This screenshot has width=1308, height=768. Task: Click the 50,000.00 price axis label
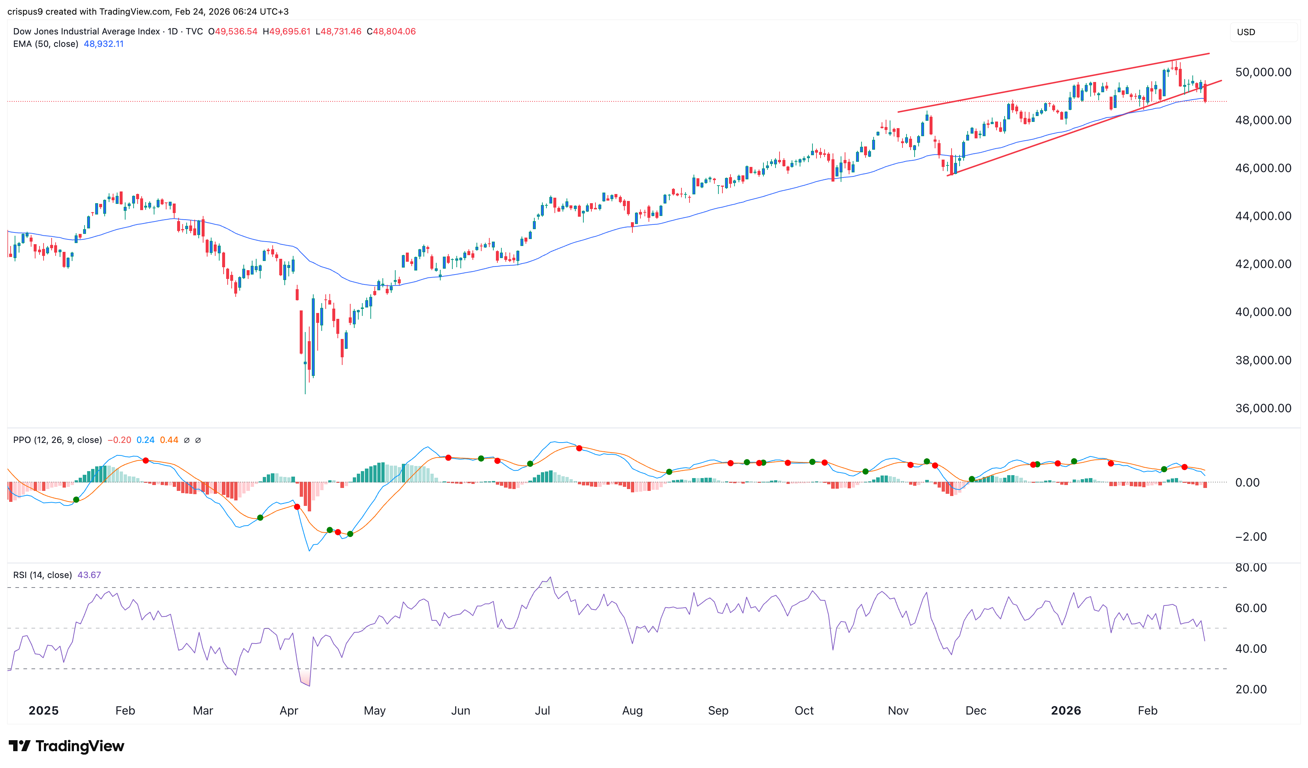pyautogui.click(x=1263, y=72)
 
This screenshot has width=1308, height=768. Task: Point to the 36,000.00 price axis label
pyautogui.click(x=1263, y=408)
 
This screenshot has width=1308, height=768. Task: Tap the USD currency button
pyautogui.click(x=1246, y=32)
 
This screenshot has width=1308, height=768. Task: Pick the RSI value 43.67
pyautogui.click(x=89, y=575)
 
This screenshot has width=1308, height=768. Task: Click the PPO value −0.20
pyautogui.click(x=119, y=440)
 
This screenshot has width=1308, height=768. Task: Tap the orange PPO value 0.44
pyautogui.click(x=169, y=440)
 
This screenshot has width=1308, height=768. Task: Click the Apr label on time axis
pyautogui.click(x=289, y=711)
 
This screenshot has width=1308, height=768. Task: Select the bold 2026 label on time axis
pyautogui.click(x=1066, y=711)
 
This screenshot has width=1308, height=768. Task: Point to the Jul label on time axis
pyautogui.click(x=542, y=711)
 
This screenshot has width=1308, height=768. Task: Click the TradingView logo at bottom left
pyautogui.click(x=67, y=746)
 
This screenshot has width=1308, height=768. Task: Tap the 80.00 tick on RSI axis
pyautogui.click(x=1251, y=567)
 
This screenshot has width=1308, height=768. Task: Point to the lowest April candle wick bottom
pyautogui.click(x=305, y=393)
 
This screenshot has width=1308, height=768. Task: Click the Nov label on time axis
pyautogui.click(x=898, y=711)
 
